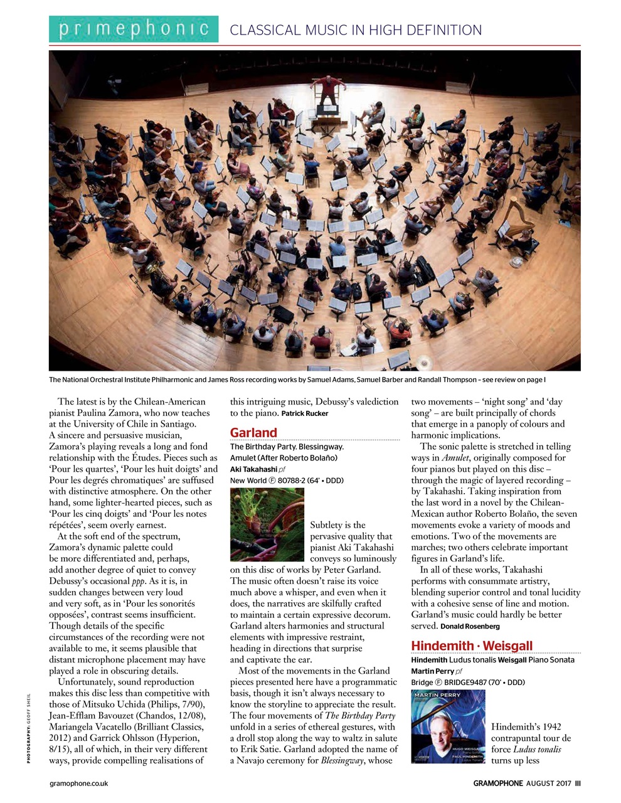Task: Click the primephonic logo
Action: (134, 29)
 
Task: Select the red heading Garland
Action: (253, 432)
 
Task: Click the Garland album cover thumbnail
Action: (267, 524)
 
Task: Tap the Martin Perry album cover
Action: (448, 726)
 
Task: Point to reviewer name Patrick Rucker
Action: (305, 413)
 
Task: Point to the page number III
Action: (577, 783)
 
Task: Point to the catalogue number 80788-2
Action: (286, 481)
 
